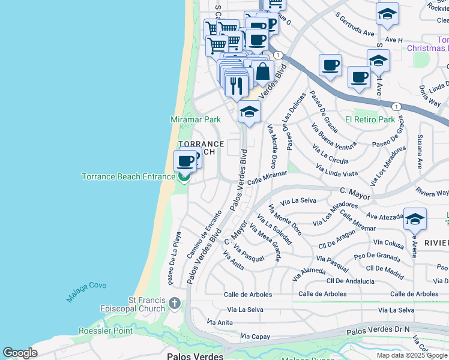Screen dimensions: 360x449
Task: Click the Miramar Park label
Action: coord(196,120)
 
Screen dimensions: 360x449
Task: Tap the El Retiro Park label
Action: coord(370,119)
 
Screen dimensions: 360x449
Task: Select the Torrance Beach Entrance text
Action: coord(128,176)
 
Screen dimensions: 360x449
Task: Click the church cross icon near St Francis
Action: coord(174,302)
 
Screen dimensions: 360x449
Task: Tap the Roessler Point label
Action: coord(105,331)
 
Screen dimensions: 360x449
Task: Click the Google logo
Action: coord(20,353)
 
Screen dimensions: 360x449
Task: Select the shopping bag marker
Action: coord(262,71)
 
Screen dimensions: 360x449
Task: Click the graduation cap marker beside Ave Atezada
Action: coord(414,220)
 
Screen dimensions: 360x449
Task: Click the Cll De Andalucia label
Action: coord(350,281)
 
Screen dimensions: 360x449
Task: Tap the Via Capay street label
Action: coord(253,337)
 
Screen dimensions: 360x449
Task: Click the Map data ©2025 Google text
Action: coord(411,355)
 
